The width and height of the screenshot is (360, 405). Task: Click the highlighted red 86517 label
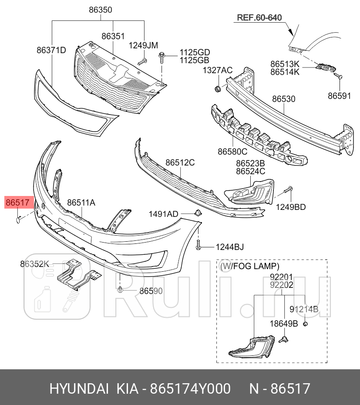point(17,202)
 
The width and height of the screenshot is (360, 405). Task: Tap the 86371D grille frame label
point(51,50)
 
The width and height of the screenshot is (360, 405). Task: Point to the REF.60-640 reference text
point(259,18)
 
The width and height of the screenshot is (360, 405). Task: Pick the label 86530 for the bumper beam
point(284,99)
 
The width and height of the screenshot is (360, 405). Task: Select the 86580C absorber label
point(232,152)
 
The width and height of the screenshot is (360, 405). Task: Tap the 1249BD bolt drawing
point(289,190)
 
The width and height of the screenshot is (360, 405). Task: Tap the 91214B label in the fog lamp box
point(304,309)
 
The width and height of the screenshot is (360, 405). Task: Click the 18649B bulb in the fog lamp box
point(286,338)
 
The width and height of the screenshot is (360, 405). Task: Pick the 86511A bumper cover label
point(81,202)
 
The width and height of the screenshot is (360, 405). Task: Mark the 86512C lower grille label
point(180,162)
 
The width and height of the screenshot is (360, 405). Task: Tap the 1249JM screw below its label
point(142,61)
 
